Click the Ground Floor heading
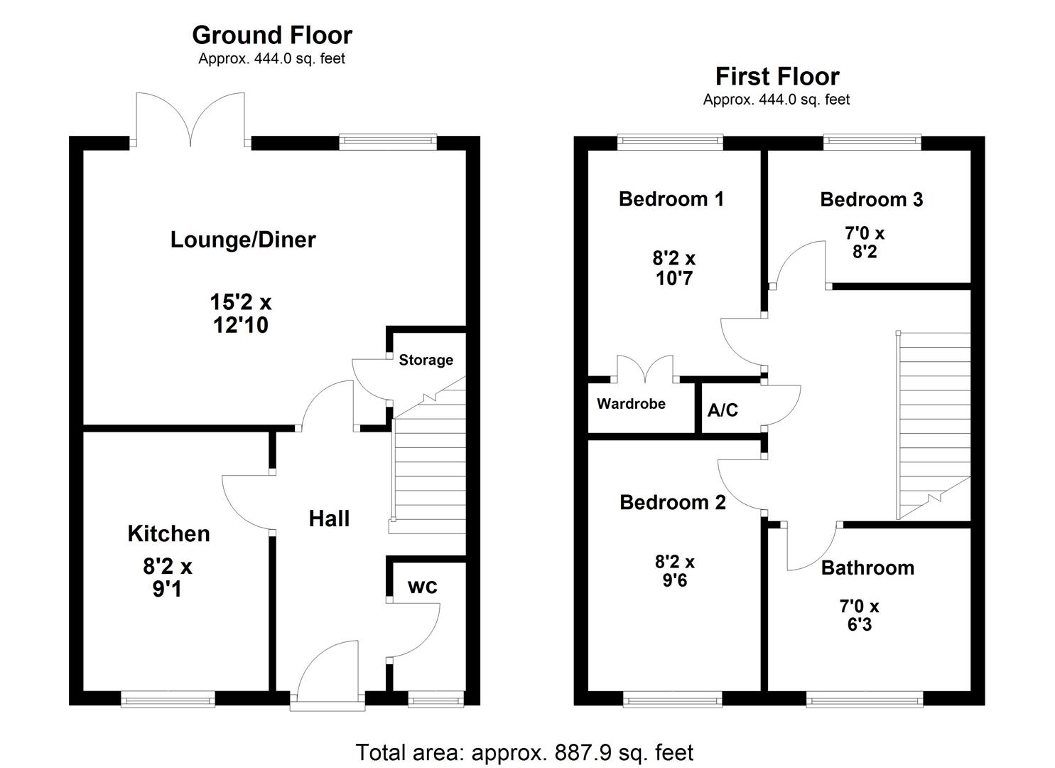click(x=271, y=35)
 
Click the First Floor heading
click(x=777, y=76)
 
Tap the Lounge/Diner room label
click(x=243, y=240)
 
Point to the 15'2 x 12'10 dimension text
click(x=240, y=314)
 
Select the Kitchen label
click(x=168, y=533)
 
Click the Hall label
click(x=329, y=518)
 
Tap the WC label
click(x=422, y=587)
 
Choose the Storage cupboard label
click(x=426, y=360)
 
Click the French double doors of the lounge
click(x=190, y=119)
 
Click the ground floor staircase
click(x=428, y=469)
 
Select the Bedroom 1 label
click(x=671, y=199)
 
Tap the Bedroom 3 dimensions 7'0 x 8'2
click(x=864, y=242)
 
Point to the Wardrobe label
click(x=631, y=404)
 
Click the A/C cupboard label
click(x=723, y=410)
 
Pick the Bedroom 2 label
click(x=672, y=503)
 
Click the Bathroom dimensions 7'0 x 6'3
click(x=859, y=615)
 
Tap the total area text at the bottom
click(x=524, y=752)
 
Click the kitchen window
click(x=168, y=700)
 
